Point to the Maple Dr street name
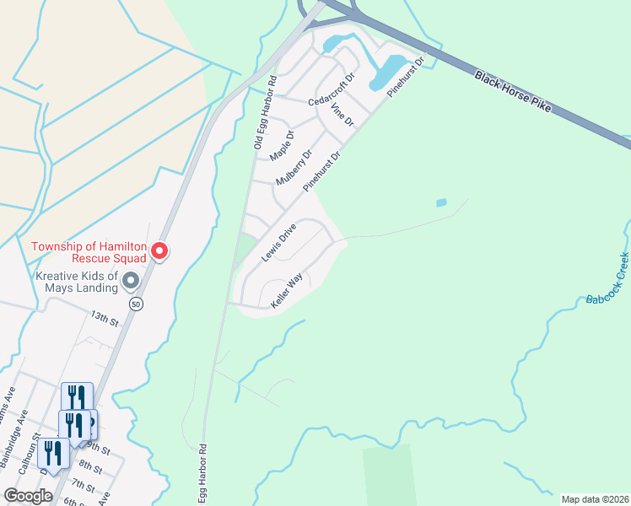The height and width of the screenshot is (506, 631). pyautogui.click(x=282, y=145)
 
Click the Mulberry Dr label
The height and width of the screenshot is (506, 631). pyautogui.click(x=294, y=168)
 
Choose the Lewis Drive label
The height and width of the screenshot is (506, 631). pyautogui.click(x=278, y=242)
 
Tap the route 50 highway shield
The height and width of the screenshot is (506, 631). pyautogui.click(x=134, y=303)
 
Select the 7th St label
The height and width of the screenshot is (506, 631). pyautogui.click(x=83, y=485)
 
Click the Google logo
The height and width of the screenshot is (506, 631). pyautogui.click(x=28, y=495)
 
